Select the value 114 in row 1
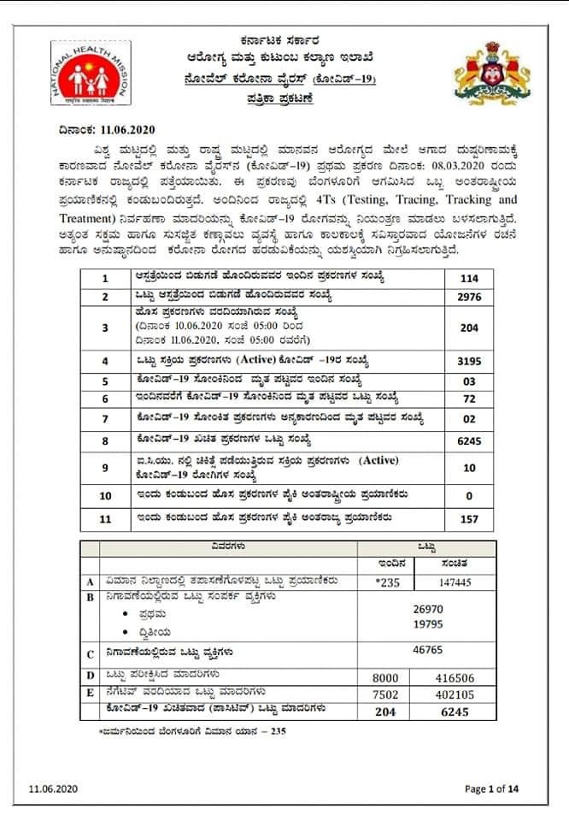[x=469, y=279]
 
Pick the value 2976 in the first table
[x=469, y=297]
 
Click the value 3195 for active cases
[x=469, y=360]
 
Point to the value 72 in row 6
[x=469, y=399]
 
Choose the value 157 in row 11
[x=469, y=518]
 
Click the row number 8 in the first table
[x=105, y=440]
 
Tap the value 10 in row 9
[x=469, y=468]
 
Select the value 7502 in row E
[x=387, y=694]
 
